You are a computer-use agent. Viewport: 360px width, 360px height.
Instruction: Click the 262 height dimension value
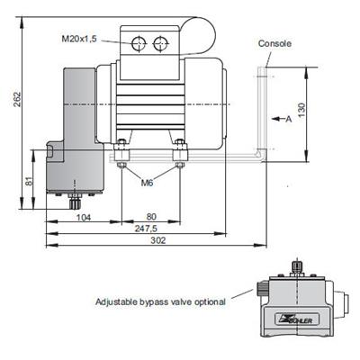point(18,99)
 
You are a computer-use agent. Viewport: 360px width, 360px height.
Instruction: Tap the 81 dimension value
point(29,181)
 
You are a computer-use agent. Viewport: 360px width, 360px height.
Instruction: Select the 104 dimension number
point(83,217)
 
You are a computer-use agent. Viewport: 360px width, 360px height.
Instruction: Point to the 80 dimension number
point(151,217)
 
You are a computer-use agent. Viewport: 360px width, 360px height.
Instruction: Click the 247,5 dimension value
point(146,229)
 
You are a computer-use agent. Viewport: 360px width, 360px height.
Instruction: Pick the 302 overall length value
point(157,240)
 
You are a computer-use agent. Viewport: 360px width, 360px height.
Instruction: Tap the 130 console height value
point(301,110)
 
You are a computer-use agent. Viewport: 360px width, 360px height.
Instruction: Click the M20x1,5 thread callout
point(79,39)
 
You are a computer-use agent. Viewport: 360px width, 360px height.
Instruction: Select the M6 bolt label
point(147,182)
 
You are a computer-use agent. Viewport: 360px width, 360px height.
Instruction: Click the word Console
point(274,43)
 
